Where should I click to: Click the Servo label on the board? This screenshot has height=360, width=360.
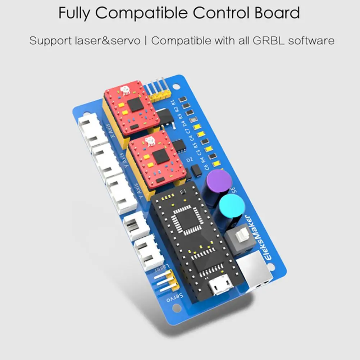tap(175, 298)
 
